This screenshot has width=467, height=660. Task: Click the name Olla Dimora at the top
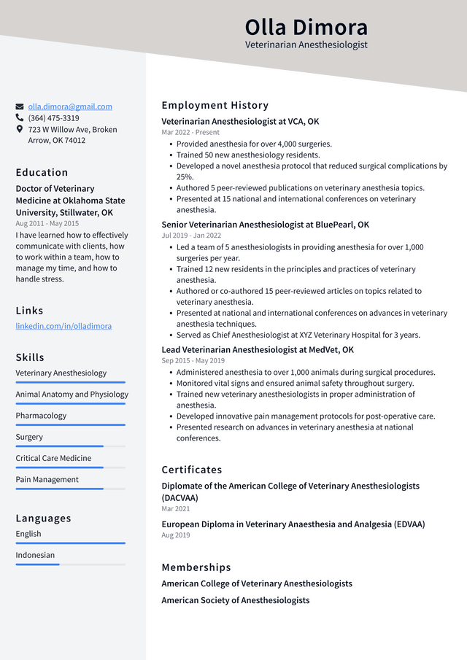306,27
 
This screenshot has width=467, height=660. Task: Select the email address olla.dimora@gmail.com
70,106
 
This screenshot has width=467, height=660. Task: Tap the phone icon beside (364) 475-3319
20,117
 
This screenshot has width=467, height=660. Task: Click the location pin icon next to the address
20,129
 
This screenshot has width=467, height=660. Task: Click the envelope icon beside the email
20,106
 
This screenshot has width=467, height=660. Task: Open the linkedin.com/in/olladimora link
63,326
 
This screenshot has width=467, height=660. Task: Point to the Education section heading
42,173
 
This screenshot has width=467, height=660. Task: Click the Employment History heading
215,105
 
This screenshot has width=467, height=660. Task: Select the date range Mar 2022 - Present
190,133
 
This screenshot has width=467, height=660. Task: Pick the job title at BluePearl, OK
265,225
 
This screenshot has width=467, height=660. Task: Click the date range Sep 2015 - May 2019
193,361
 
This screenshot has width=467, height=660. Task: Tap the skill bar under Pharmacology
70,424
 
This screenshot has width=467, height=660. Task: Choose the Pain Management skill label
47,480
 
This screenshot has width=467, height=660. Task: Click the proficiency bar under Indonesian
70,564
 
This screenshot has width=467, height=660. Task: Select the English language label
28,534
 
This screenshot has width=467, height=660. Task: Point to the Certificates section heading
191,470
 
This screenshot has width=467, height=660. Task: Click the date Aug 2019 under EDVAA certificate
175,535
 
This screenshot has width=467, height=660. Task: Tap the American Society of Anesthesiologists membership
235,600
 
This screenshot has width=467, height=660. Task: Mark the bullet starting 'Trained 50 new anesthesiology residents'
248,155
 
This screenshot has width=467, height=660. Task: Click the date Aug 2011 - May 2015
47,223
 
